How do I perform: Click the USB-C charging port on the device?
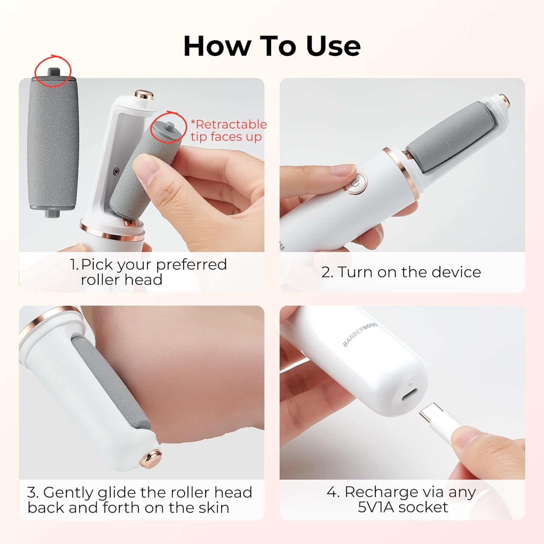click(409, 394)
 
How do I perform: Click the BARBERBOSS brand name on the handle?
click(360, 334)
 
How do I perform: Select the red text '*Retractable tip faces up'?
click(228, 130)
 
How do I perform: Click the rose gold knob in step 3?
click(151, 458)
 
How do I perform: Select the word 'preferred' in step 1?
click(191, 265)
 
